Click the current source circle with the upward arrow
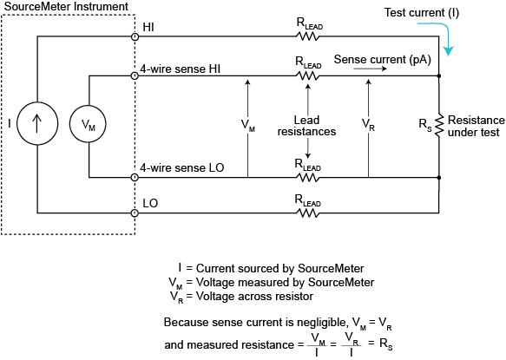[x=38, y=124]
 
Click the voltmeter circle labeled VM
[x=89, y=125]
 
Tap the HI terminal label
[x=148, y=28]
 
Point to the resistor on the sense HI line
[x=308, y=76]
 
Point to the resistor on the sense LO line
[x=308, y=178]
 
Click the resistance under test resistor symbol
[x=440, y=124]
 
